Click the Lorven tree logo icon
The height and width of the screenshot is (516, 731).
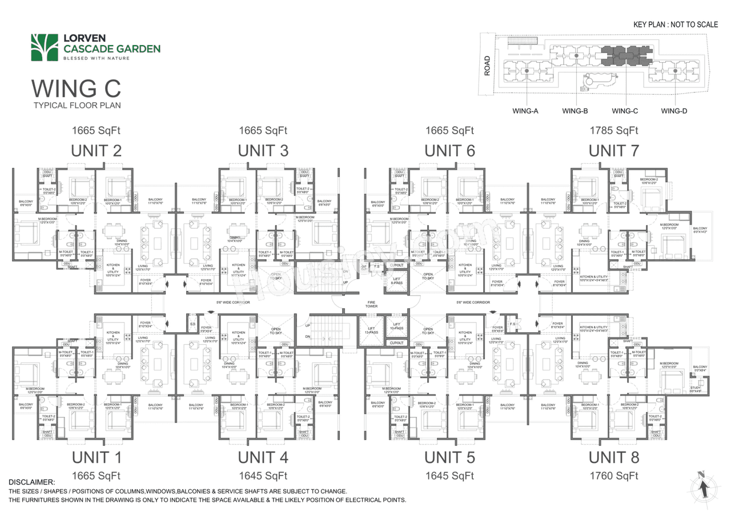[45, 47]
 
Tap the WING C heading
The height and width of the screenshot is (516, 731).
[76, 88]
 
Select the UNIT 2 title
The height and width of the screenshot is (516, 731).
[96, 151]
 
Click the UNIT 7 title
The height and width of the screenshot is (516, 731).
[614, 151]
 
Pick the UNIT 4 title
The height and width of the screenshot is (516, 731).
[263, 457]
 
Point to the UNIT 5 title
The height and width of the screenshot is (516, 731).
[449, 457]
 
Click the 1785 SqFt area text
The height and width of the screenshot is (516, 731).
[614, 131]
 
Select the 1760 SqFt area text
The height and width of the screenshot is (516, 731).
[614, 475]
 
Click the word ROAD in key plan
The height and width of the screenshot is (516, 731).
[487, 66]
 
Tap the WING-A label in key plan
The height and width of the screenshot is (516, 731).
[525, 111]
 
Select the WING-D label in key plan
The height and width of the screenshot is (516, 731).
[674, 111]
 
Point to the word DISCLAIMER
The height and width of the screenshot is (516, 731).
[32, 483]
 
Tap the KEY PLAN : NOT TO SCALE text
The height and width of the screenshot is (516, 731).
[676, 25]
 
